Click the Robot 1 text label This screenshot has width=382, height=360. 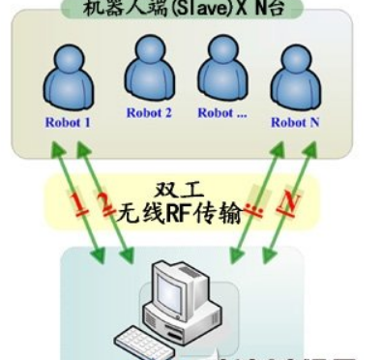tap(68, 123)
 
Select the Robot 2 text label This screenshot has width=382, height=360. tap(149, 112)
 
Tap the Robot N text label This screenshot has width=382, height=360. tap(295, 123)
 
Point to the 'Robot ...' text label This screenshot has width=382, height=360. tap(222, 112)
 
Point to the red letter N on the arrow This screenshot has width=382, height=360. tap(286, 203)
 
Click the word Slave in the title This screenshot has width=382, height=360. tap(194, 8)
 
